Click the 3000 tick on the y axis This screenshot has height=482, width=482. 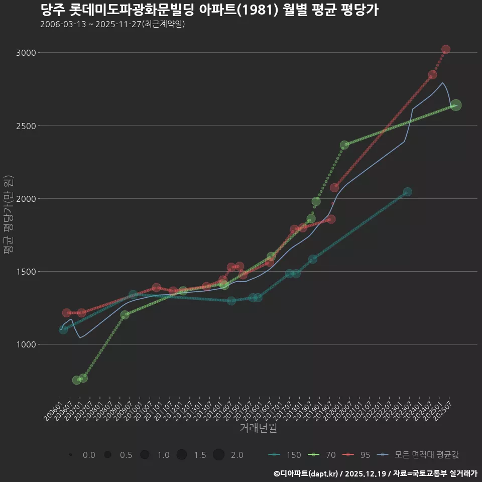point(27,53)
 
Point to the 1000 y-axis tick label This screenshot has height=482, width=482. point(27,344)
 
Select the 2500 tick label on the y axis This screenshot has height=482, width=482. point(27,126)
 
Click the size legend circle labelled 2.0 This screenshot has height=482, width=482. point(218,455)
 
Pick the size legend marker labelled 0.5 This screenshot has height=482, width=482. point(107,455)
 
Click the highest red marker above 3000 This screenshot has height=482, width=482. point(445,49)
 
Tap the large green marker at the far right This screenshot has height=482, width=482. point(455,105)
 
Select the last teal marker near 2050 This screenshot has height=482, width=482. point(407,192)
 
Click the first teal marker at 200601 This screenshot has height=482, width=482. point(63,330)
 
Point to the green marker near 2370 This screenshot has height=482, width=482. point(344,145)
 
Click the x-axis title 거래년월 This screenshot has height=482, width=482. point(258,428)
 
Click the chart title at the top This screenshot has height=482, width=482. point(208,10)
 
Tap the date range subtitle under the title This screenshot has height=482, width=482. point(112,24)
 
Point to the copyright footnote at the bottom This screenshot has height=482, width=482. point(375,473)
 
